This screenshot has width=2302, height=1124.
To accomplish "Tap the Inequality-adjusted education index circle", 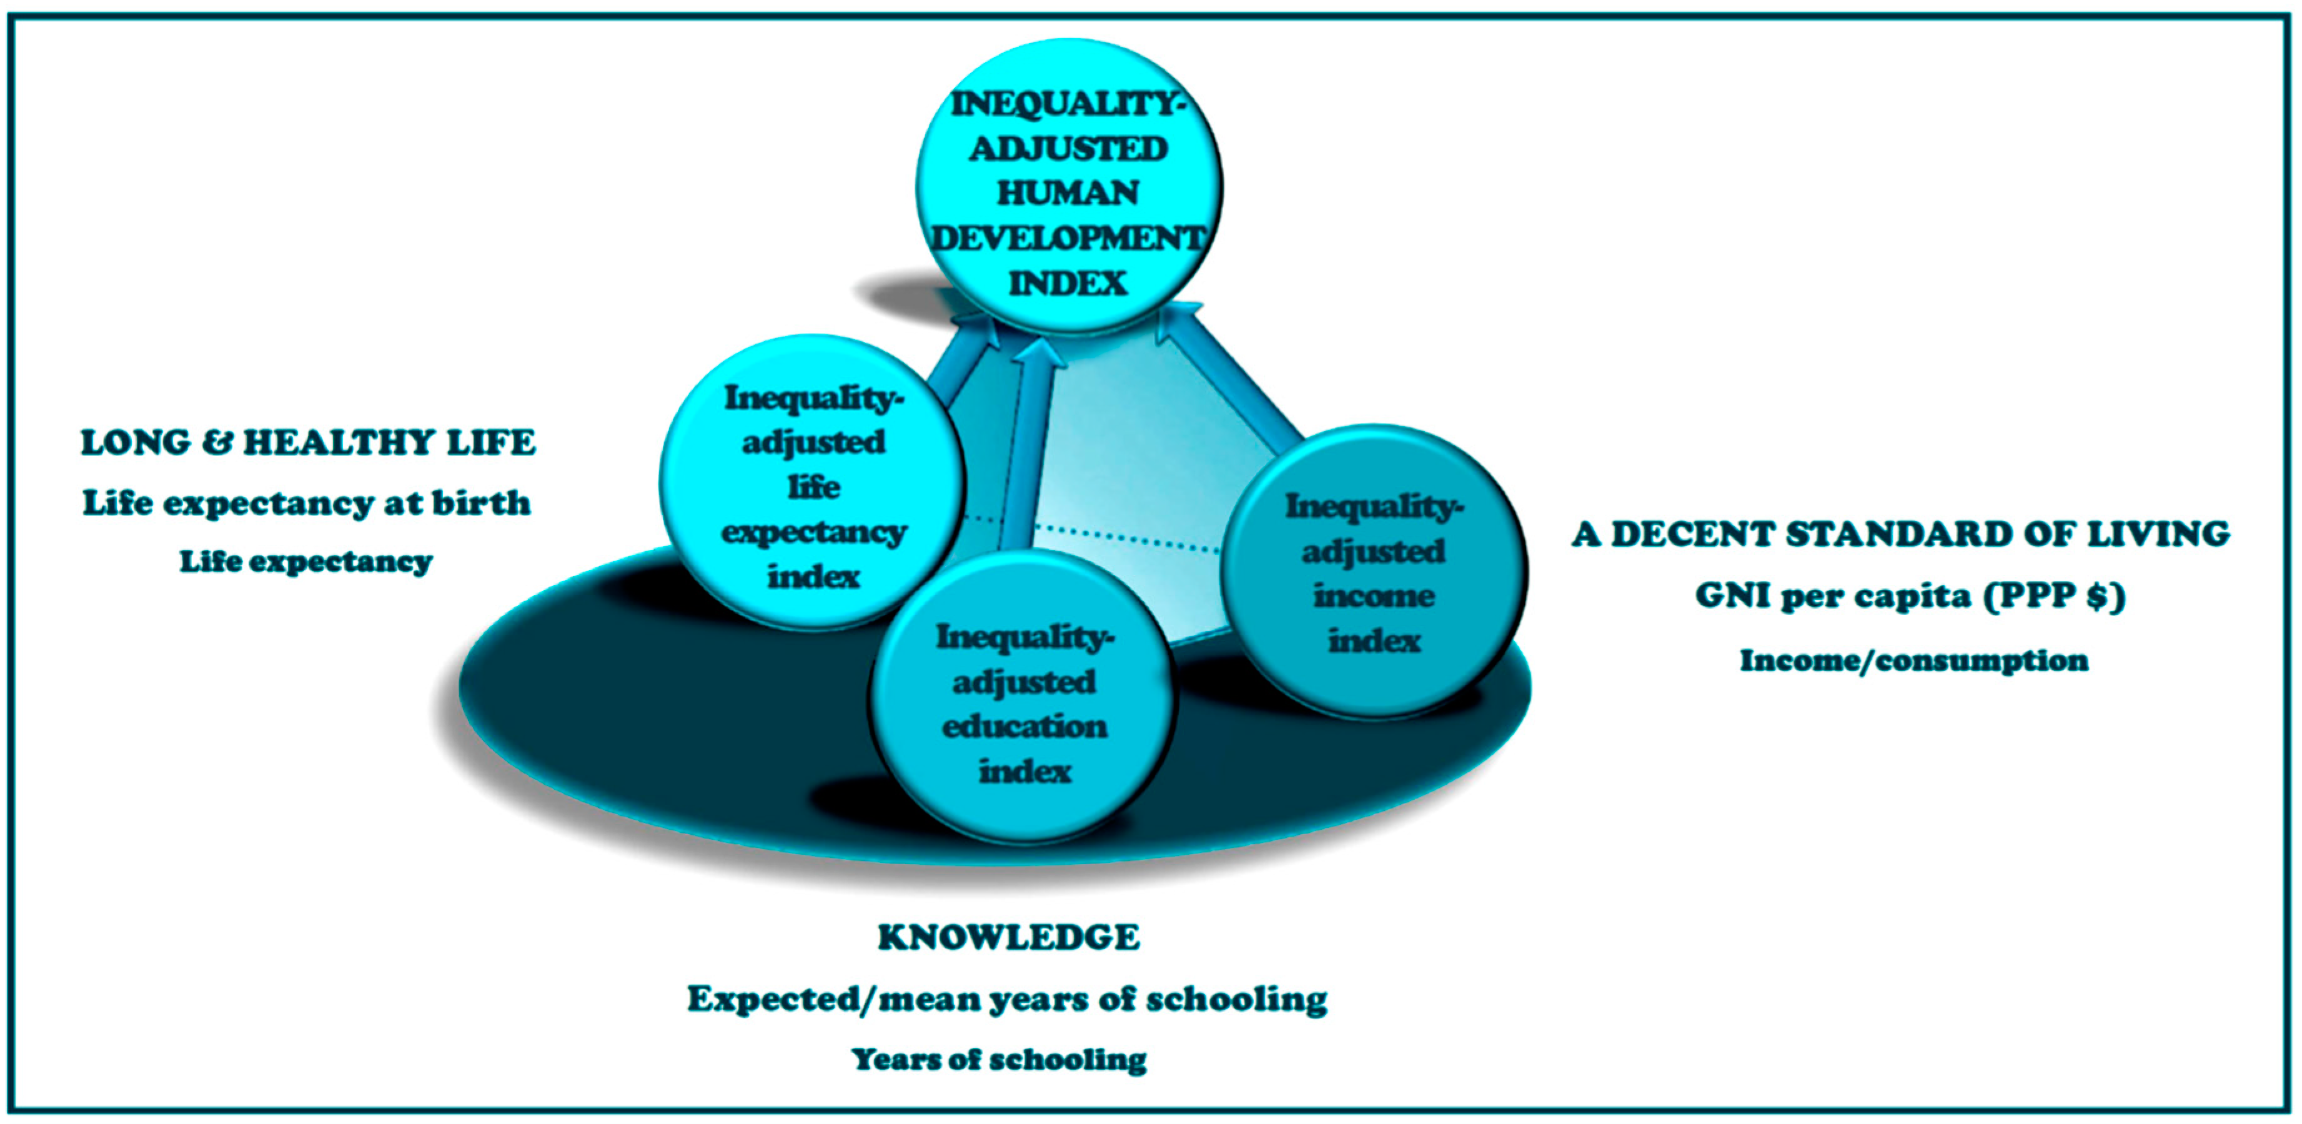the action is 1023,696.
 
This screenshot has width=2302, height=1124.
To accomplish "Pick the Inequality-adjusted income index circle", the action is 1374,571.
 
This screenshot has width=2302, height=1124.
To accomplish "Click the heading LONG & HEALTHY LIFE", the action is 309,442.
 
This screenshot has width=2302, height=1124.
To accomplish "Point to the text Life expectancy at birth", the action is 307,503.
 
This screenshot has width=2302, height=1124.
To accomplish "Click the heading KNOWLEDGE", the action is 1009,937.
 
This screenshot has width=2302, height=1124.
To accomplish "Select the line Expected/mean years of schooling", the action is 1007,999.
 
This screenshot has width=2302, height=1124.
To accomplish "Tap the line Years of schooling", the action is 999,1059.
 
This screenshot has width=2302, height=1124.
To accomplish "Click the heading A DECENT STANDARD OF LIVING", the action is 1901,534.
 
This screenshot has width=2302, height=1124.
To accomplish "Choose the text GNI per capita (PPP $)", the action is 1910,596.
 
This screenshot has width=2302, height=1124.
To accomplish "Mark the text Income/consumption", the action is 1914,660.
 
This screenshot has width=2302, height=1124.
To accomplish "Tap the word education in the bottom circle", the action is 1024,727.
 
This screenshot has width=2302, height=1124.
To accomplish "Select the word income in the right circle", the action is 1374,596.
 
